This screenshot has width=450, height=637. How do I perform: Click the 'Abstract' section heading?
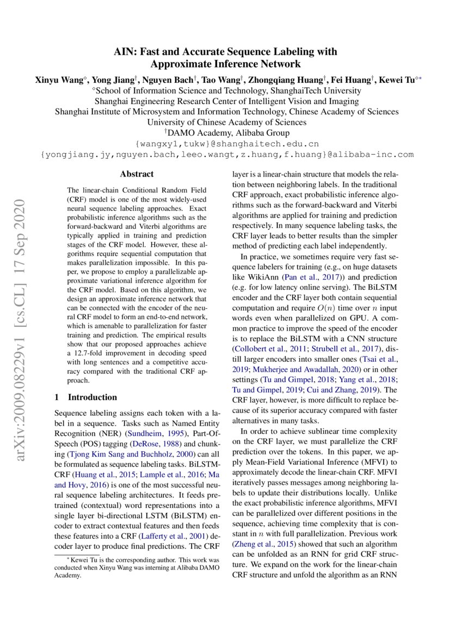137,174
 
